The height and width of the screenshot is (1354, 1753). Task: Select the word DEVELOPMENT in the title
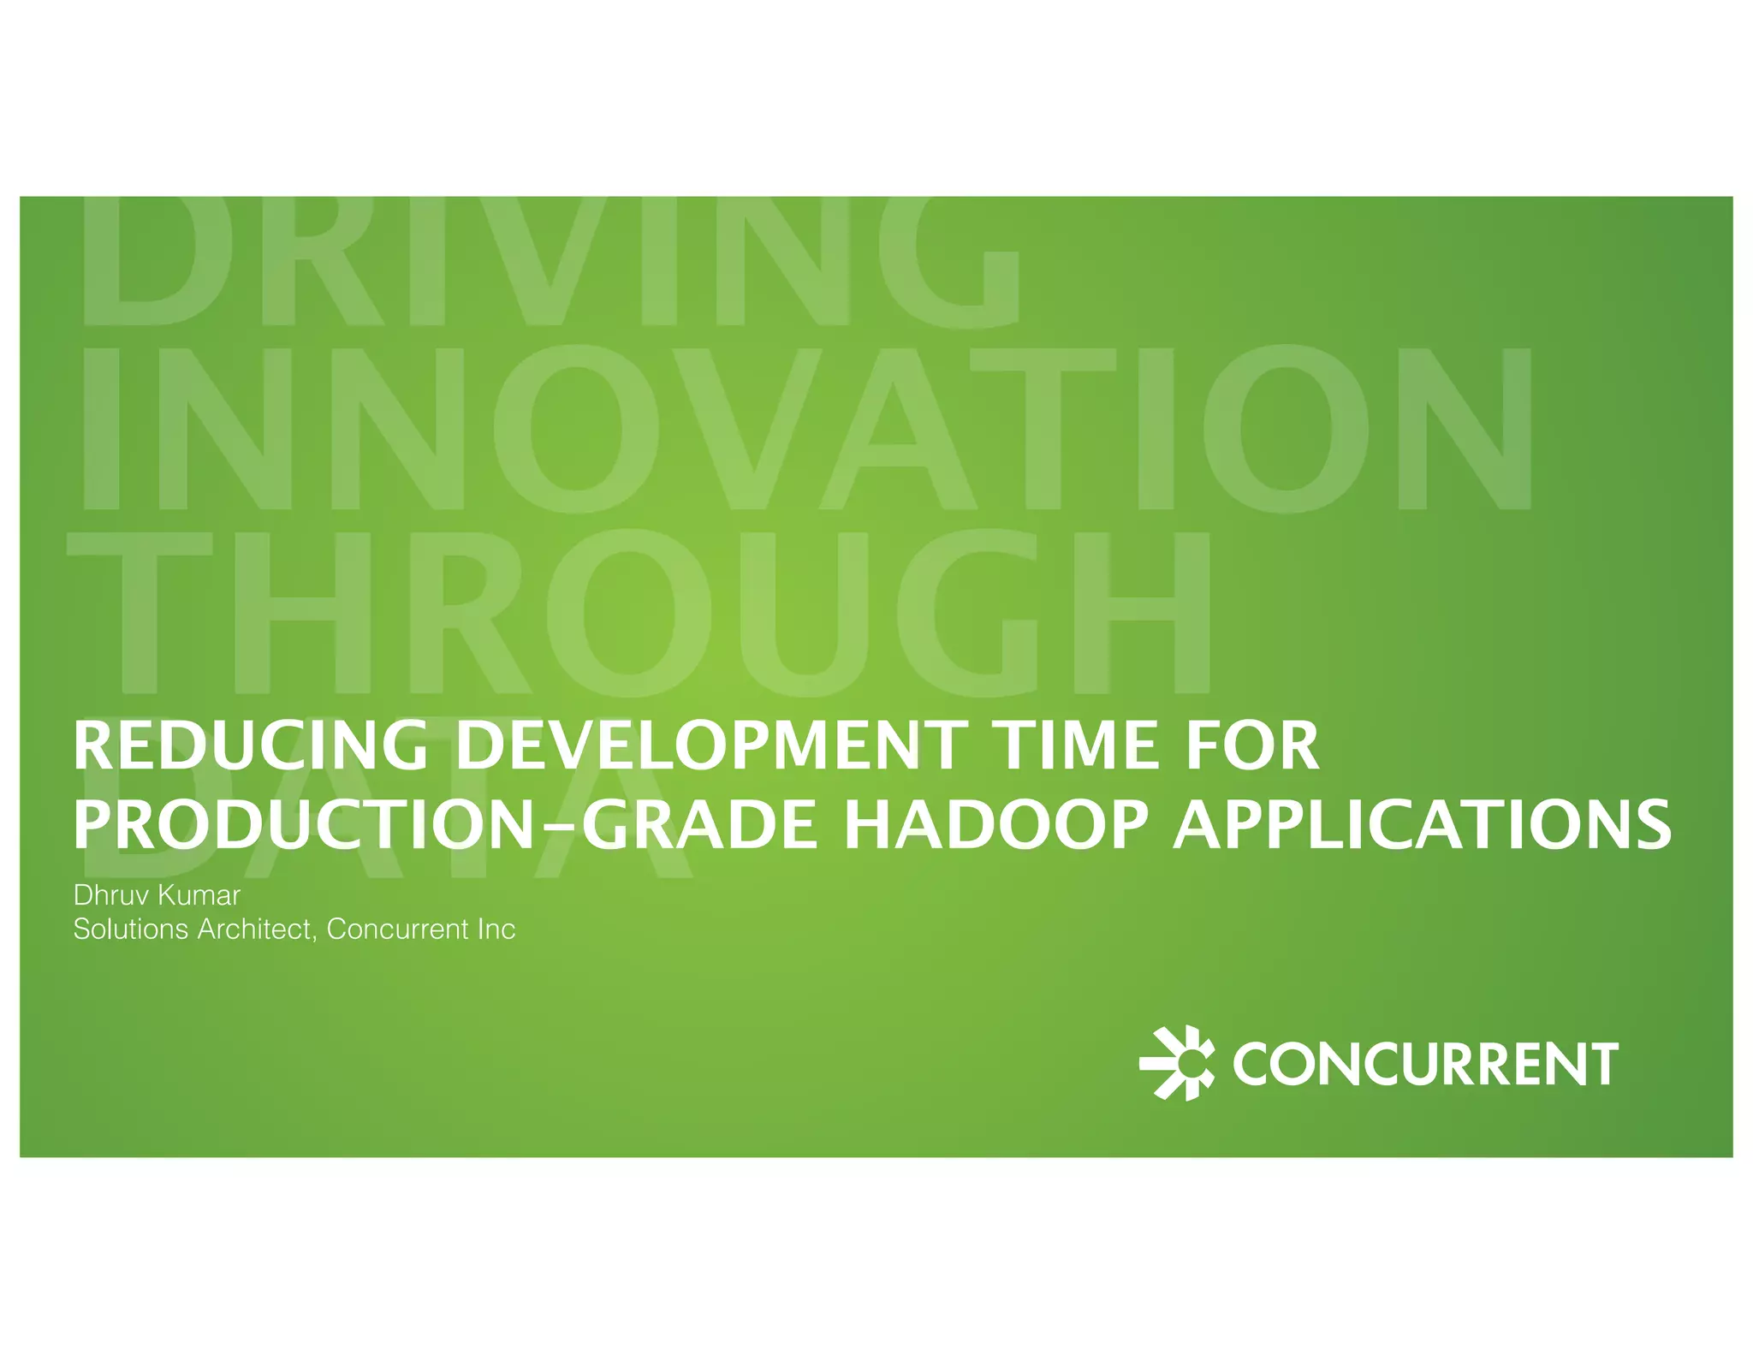tap(707, 745)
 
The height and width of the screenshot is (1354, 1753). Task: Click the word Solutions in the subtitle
tap(130, 929)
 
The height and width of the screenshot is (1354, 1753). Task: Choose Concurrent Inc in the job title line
tap(420, 929)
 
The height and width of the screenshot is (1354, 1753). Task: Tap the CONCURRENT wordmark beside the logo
tap(1425, 1064)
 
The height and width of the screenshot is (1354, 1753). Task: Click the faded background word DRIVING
tap(548, 261)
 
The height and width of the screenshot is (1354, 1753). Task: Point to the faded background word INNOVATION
tap(805, 428)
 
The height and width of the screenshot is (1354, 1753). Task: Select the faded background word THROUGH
tap(638, 612)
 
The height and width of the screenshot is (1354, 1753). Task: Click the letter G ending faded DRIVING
tap(950, 261)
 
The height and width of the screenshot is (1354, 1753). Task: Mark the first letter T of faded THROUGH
tap(141, 612)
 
